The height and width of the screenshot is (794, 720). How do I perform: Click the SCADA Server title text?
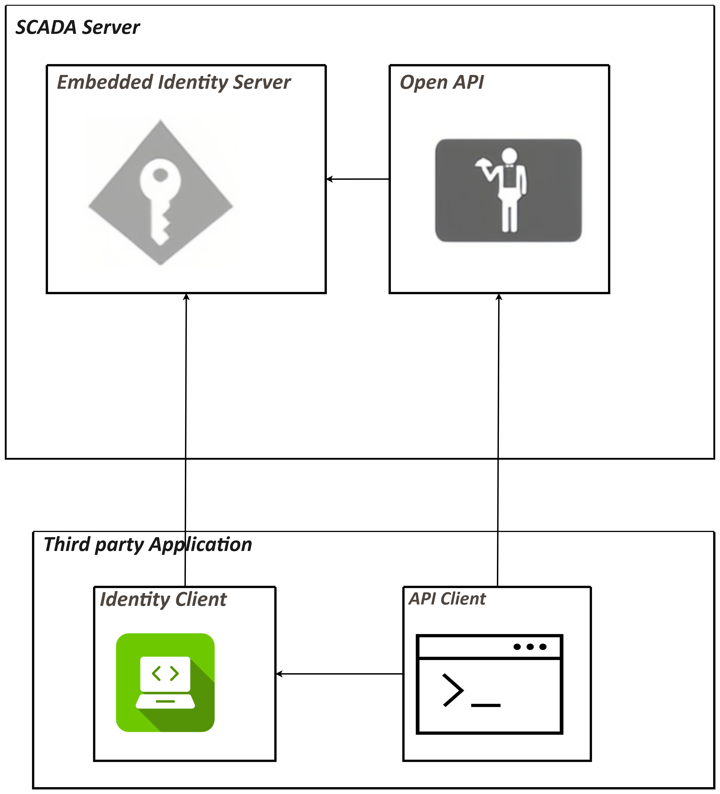pos(77,28)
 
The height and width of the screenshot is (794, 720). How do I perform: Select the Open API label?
pos(441,82)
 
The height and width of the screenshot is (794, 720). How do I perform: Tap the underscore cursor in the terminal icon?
pos(485,705)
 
